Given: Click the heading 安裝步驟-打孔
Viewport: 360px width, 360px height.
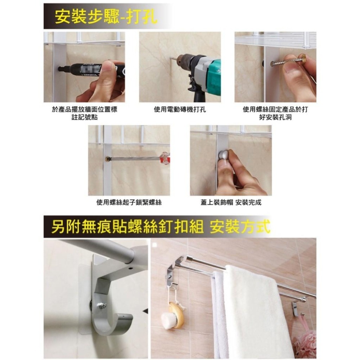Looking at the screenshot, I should (106, 17).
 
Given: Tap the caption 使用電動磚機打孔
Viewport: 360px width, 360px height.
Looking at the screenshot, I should (180, 109).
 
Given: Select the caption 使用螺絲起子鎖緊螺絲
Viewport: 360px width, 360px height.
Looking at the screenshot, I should (129, 202).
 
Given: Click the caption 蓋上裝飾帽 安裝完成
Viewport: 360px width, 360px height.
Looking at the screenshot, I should (231, 202).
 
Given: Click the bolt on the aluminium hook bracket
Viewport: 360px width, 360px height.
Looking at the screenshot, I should (102, 305).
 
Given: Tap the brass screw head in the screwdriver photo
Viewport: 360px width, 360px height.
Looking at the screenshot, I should (107, 158).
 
